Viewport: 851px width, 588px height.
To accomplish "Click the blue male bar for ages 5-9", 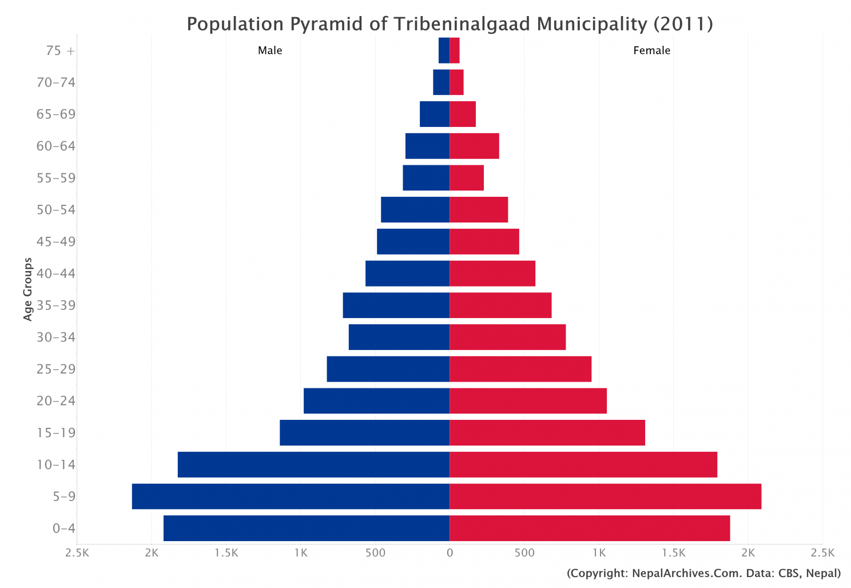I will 291,496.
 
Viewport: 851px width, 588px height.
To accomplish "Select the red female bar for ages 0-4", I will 590,528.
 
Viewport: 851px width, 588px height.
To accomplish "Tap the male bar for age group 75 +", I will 444,50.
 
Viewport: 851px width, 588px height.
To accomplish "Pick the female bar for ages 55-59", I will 467,178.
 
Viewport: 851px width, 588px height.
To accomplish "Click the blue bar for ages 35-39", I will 396,305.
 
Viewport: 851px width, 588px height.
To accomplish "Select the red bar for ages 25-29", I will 520,369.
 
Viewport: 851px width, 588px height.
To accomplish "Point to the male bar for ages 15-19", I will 364,432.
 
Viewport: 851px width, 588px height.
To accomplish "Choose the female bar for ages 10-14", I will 583,464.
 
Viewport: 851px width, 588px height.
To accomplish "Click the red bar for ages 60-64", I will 474,146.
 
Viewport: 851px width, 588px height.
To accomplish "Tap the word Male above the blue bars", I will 270,50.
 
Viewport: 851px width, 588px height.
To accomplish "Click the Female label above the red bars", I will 651,50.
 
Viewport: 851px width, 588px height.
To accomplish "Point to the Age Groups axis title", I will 28,289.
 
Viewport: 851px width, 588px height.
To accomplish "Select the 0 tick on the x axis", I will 450,553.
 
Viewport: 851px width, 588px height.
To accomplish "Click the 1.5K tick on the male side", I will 226,553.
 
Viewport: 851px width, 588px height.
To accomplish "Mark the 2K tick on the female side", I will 748,553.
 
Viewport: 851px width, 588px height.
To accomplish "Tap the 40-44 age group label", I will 55,273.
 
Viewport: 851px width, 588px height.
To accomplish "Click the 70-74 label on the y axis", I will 55,82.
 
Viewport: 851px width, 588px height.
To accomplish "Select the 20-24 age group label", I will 55,401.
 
